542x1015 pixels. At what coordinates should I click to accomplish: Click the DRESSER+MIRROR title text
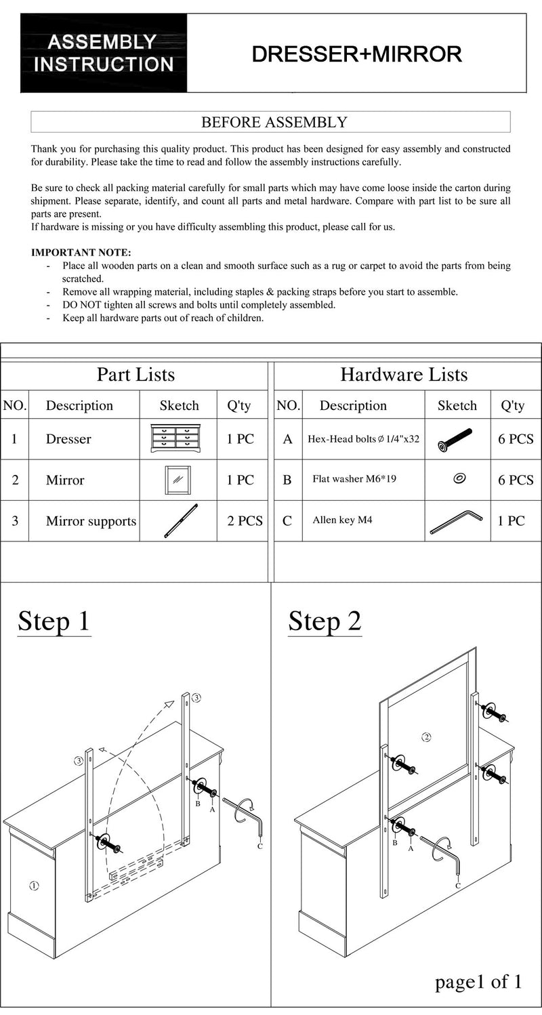point(356,54)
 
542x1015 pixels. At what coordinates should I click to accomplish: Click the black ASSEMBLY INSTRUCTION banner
point(104,54)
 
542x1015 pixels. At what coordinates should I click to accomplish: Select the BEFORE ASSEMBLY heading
point(274,123)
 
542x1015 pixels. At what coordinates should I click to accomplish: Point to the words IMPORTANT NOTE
point(81,253)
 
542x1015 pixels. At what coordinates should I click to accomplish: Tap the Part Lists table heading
point(135,375)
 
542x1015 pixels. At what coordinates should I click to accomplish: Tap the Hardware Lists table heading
point(404,375)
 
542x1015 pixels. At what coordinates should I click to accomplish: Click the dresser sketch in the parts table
point(178,439)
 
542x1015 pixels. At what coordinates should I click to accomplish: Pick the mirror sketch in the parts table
point(178,480)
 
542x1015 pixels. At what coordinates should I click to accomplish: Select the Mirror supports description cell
point(91,521)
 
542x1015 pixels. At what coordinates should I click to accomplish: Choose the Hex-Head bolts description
point(363,439)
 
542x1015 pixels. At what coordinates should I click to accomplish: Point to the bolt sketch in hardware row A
point(455,439)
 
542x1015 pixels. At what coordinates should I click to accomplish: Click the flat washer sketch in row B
point(459,479)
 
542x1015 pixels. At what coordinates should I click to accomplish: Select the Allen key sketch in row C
point(455,522)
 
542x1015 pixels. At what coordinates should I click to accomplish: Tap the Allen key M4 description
point(342,520)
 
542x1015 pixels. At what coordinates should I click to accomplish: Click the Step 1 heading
point(54,621)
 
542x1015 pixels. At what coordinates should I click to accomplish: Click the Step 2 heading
point(325,621)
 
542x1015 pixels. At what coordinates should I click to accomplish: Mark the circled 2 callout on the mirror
point(426,737)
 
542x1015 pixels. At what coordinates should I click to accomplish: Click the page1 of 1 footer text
point(478,982)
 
